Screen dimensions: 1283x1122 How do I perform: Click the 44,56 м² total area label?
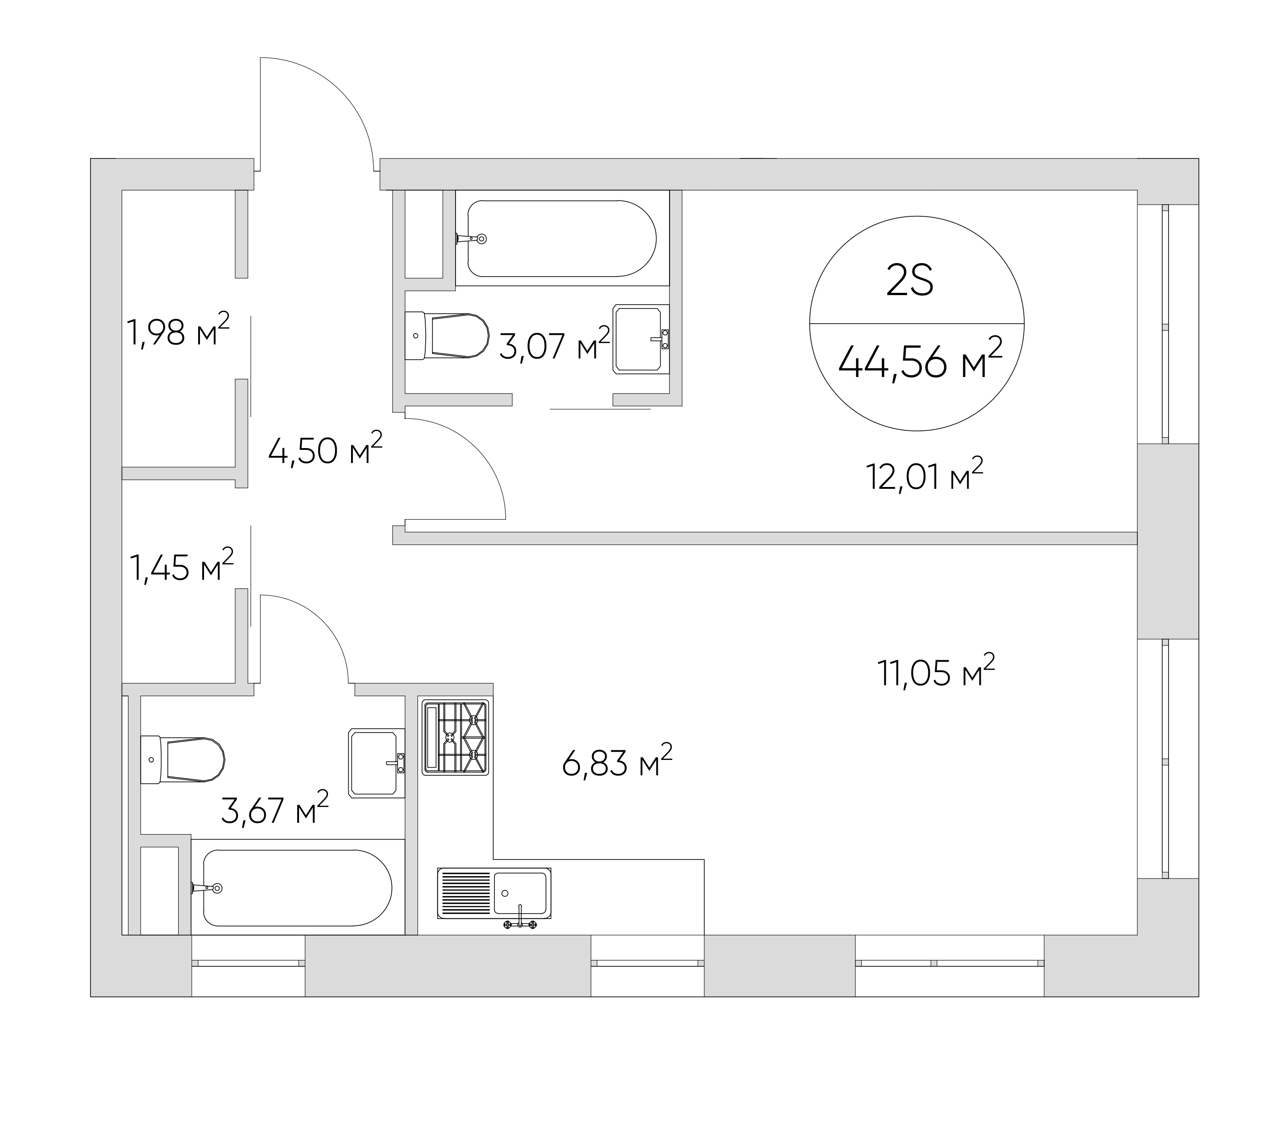click(x=920, y=361)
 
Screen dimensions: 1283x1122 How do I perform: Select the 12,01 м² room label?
click(x=924, y=475)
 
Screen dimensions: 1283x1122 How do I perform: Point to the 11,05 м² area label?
click(x=936, y=671)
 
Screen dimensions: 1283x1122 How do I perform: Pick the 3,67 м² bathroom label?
click(x=275, y=808)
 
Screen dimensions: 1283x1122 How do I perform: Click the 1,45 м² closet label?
click(x=181, y=565)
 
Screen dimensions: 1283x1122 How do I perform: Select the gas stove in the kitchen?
click(x=455, y=737)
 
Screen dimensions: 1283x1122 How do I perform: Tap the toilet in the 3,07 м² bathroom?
click(x=446, y=335)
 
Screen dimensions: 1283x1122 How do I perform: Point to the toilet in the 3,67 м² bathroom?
click(x=182, y=759)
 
